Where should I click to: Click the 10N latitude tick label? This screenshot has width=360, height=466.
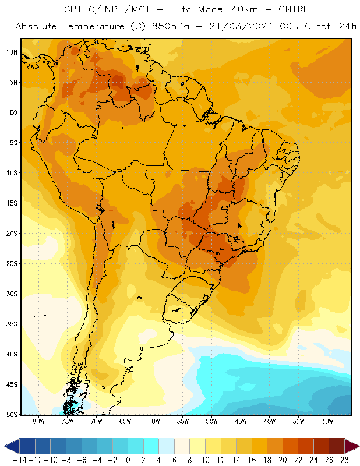click(x=12, y=52)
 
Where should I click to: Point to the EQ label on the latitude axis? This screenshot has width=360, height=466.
click(x=13, y=112)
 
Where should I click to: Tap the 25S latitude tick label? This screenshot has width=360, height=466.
click(x=12, y=264)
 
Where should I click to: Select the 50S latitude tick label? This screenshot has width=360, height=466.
click(x=12, y=415)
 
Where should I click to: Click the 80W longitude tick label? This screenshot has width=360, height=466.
click(x=38, y=421)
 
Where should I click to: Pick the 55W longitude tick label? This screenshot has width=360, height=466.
click(x=183, y=421)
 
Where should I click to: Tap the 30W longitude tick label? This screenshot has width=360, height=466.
click(x=327, y=421)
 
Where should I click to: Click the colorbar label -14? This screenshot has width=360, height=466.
click(x=20, y=460)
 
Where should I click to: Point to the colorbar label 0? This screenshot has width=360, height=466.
click(x=128, y=460)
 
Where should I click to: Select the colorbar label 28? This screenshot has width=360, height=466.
click(x=344, y=460)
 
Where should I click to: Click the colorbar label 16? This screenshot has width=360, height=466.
click(x=252, y=460)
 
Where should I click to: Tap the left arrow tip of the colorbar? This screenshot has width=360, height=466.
click(x=5, y=446)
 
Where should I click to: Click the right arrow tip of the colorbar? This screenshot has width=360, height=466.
click(x=359, y=446)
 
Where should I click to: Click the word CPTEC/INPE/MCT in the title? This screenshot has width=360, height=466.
click(x=107, y=9)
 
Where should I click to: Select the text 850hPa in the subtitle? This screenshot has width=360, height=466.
click(x=170, y=26)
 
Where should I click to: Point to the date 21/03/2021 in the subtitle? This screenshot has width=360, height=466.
click(x=241, y=26)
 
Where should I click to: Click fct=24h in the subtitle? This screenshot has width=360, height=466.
click(x=337, y=26)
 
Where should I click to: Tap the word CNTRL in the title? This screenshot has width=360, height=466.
click(x=294, y=9)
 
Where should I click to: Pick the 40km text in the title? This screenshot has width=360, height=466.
click(x=245, y=9)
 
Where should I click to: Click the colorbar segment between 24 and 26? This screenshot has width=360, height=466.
click(x=321, y=446)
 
